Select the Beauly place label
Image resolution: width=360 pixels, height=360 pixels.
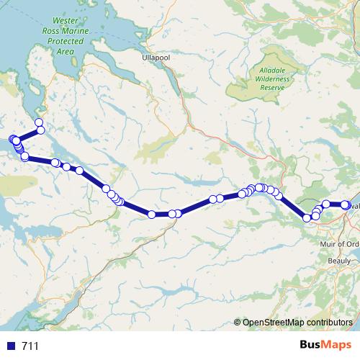[x=339, y=260]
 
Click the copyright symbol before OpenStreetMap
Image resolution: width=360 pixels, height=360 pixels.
[x=238, y=323]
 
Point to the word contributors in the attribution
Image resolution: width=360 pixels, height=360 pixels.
[x=328, y=323]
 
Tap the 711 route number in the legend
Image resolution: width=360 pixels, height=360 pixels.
[x=30, y=346]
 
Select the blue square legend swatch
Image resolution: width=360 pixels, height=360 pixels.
[x=11, y=346]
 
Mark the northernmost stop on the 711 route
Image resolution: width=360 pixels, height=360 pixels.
[x=39, y=122]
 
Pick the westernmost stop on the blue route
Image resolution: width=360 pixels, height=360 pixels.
[x=12, y=139]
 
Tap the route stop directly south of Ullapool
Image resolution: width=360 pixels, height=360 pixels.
[x=152, y=215]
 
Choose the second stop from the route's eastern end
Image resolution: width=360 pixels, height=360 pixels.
[x=326, y=204]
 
